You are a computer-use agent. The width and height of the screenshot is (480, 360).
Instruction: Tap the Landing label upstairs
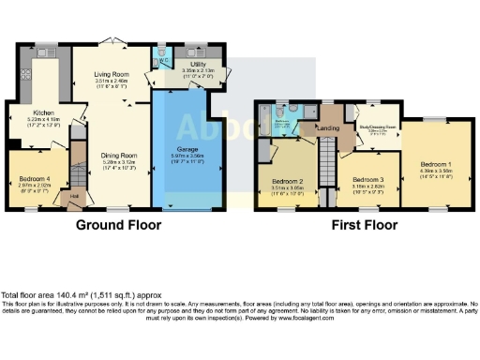point(328,128)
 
